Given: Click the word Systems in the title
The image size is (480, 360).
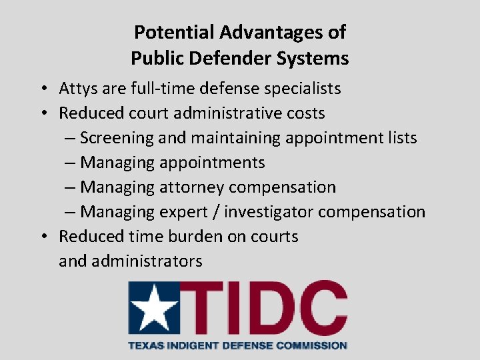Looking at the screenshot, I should coord(315,58).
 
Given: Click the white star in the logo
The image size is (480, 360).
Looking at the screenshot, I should coord(154,309).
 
